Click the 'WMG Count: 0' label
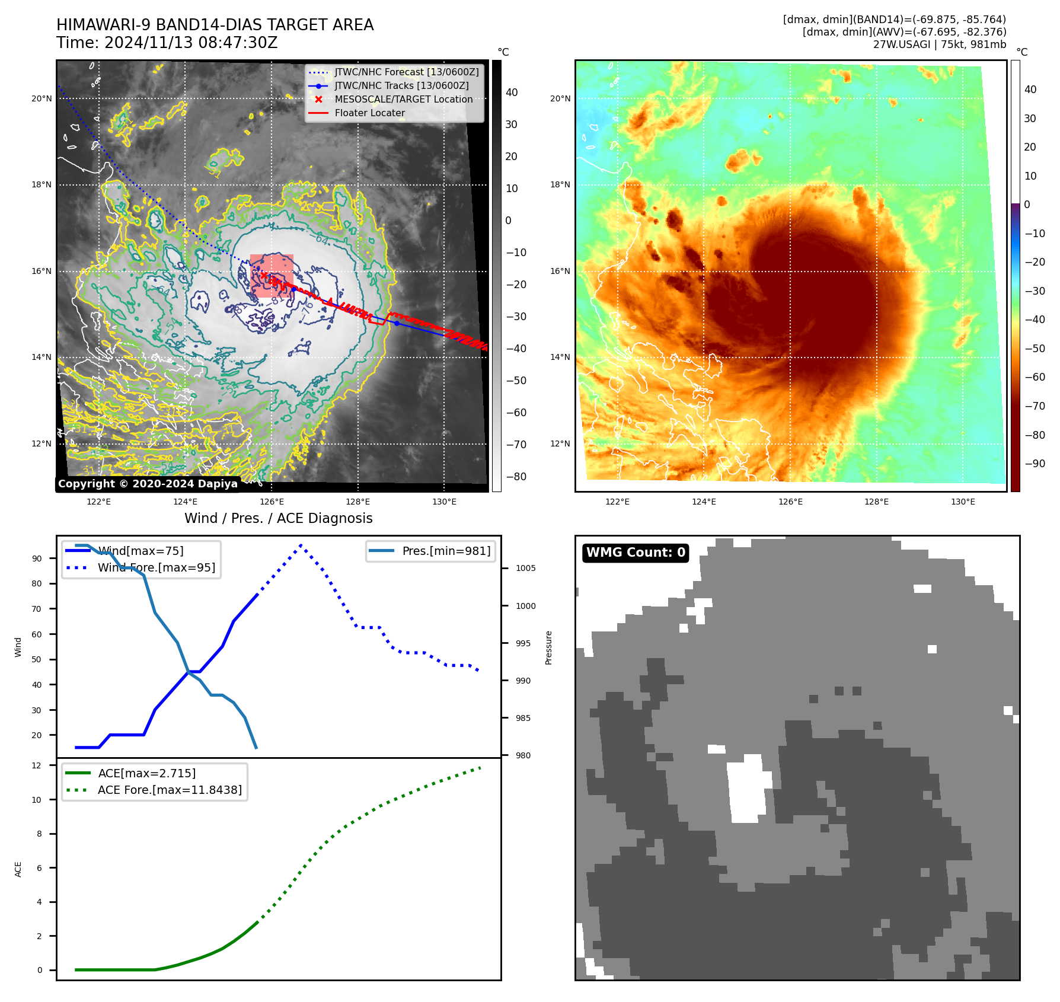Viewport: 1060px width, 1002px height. tap(635, 553)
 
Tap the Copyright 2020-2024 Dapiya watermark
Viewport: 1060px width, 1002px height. tap(148, 484)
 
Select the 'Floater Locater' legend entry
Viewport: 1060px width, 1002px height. tap(369, 113)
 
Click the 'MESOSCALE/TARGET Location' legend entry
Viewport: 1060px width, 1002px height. tap(403, 100)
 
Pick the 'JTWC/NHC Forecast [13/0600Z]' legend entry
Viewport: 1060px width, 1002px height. tap(406, 72)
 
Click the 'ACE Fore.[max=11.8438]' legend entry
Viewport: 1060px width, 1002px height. tap(170, 790)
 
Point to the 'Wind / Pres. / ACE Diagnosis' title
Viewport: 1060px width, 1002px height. tap(278, 518)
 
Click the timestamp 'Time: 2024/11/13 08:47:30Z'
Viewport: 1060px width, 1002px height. tap(167, 43)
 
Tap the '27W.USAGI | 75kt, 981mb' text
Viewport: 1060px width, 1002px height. tap(939, 44)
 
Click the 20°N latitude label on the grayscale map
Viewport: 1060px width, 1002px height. tap(41, 99)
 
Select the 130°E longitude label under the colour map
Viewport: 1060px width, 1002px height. tap(963, 502)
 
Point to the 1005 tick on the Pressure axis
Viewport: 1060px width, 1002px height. tap(525, 568)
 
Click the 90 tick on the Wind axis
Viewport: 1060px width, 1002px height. tap(37, 559)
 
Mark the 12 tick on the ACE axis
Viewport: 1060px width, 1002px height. tap(37, 765)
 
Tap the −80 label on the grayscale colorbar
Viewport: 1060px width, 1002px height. tap(516, 477)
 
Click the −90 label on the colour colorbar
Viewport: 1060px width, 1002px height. tap(1035, 464)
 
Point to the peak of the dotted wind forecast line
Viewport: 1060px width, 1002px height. tap(301, 545)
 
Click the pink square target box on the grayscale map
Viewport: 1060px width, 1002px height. tap(272, 276)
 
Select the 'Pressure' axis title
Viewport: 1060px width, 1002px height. tap(548, 647)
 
